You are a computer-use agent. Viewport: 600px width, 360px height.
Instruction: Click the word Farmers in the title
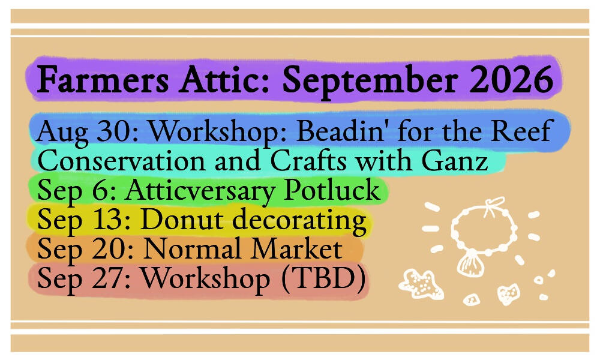[x=103, y=80]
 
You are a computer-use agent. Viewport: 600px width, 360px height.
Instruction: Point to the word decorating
[x=299, y=222]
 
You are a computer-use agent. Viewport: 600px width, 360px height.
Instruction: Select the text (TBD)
[x=323, y=279]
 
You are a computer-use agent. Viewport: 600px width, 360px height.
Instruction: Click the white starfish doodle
[x=421, y=284]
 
